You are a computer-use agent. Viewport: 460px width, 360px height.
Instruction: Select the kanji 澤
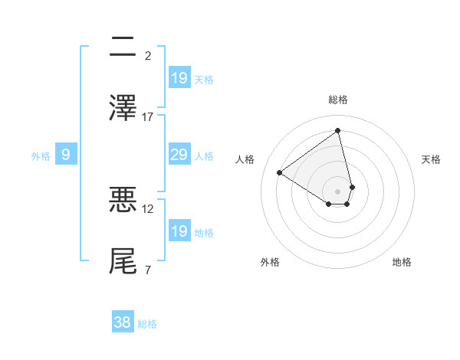123,108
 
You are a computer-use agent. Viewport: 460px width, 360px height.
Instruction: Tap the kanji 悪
123,200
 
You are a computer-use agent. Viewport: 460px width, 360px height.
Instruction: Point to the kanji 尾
123,260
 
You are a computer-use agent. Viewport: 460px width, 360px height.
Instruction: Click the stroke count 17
148,116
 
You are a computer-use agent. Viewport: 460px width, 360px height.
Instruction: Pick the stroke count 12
148,208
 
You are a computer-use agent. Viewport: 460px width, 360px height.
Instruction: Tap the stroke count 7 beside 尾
148,270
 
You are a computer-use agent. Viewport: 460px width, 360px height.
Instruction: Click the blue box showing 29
179,155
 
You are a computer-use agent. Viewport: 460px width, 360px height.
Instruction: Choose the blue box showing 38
123,323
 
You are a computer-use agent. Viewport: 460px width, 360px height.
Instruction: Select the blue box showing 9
66,155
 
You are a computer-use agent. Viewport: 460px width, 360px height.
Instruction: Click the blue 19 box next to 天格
179,77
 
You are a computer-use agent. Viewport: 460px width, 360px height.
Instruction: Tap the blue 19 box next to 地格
179,231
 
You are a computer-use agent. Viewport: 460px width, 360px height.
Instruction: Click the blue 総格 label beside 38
147,324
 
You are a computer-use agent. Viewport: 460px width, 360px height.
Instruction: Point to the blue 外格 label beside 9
41,156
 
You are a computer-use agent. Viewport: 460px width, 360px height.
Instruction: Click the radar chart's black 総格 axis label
338,100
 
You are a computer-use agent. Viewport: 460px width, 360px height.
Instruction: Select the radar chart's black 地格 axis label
402,262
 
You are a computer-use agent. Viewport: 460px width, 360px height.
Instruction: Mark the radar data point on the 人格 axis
280,172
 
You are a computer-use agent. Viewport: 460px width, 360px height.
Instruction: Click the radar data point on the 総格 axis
338,130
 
